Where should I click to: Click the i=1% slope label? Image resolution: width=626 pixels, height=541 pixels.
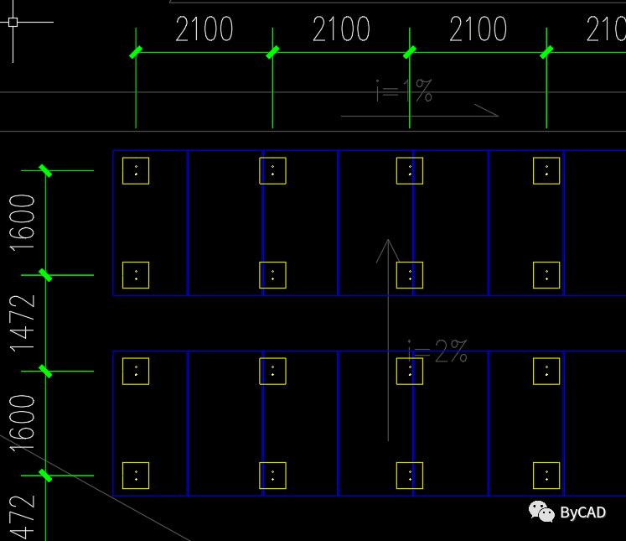point(404,91)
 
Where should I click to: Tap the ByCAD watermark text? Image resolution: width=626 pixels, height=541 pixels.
point(582,512)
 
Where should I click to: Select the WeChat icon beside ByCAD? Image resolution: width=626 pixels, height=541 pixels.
point(541,511)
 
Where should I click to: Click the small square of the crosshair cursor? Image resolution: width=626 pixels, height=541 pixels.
point(13,22)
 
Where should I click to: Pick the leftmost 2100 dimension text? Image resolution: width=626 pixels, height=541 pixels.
point(204,30)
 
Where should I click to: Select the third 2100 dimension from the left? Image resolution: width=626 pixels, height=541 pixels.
point(478,30)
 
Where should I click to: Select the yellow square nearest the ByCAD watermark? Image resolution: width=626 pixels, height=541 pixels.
point(546,475)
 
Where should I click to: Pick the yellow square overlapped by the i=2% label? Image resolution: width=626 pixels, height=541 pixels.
point(410,371)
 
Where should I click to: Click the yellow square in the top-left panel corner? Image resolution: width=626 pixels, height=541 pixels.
point(136,170)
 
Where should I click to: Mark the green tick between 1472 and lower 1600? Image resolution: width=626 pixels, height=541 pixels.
point(45,371)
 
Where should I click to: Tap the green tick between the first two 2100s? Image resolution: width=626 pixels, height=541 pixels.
point(272,53)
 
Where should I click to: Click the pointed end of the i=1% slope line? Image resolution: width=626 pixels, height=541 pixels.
point(497,115)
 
